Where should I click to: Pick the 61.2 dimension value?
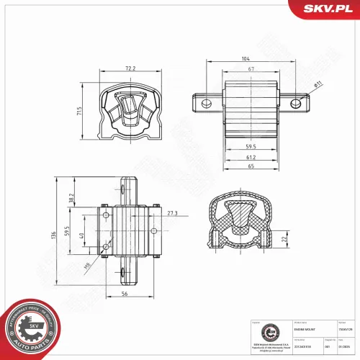pos(251,156)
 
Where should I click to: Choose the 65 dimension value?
pos(251,166)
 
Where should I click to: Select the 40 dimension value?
pos(82,235)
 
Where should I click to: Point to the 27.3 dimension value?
pos(172,213)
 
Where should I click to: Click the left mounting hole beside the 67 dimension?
pos(206,104)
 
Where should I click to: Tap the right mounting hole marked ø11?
pos(294,104)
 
